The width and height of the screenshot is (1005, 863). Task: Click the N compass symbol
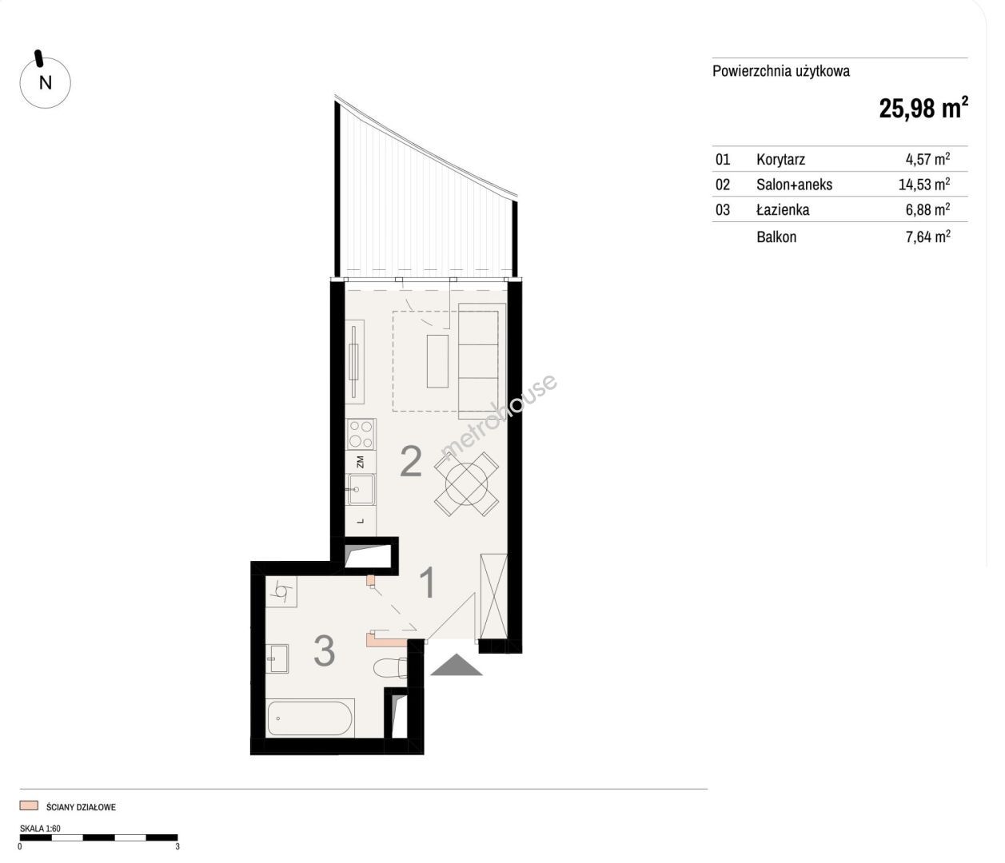click(x=45, y=82)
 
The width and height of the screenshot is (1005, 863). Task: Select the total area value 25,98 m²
click(x=923, y=107)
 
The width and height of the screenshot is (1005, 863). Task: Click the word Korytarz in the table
click(x=780, y=159)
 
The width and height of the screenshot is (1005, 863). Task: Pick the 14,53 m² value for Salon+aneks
click(x=924, y=184)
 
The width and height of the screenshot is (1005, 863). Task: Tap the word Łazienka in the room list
click(x=783, y=209)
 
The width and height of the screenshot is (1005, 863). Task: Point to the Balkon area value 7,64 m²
click(x=927, y=237)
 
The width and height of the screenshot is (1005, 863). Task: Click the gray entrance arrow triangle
click(x=456, y=665)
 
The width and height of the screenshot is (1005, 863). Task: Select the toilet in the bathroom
click(x=390, y=668)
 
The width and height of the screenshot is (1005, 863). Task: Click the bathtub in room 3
click(x=310, y=718)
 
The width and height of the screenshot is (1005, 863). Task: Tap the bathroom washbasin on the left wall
click(x=277, y=658)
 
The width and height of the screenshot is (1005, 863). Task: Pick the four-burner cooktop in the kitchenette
click(x=361, y=434)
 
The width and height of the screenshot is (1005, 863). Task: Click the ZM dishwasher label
click(x=361, y=462)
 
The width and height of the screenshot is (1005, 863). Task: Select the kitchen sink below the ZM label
click(x=361, y=489)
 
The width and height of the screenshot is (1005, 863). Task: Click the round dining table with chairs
click(x=466, y=483)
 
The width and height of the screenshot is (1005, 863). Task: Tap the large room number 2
click(x=411, y=462)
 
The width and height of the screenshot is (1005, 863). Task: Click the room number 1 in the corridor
click(x=429, y=583)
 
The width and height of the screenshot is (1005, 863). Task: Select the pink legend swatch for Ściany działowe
click(x=29, y=805)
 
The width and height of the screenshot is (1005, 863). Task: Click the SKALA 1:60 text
click(x=40, y=828)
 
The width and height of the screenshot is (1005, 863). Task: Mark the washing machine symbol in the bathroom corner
click(x=281, y=591)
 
